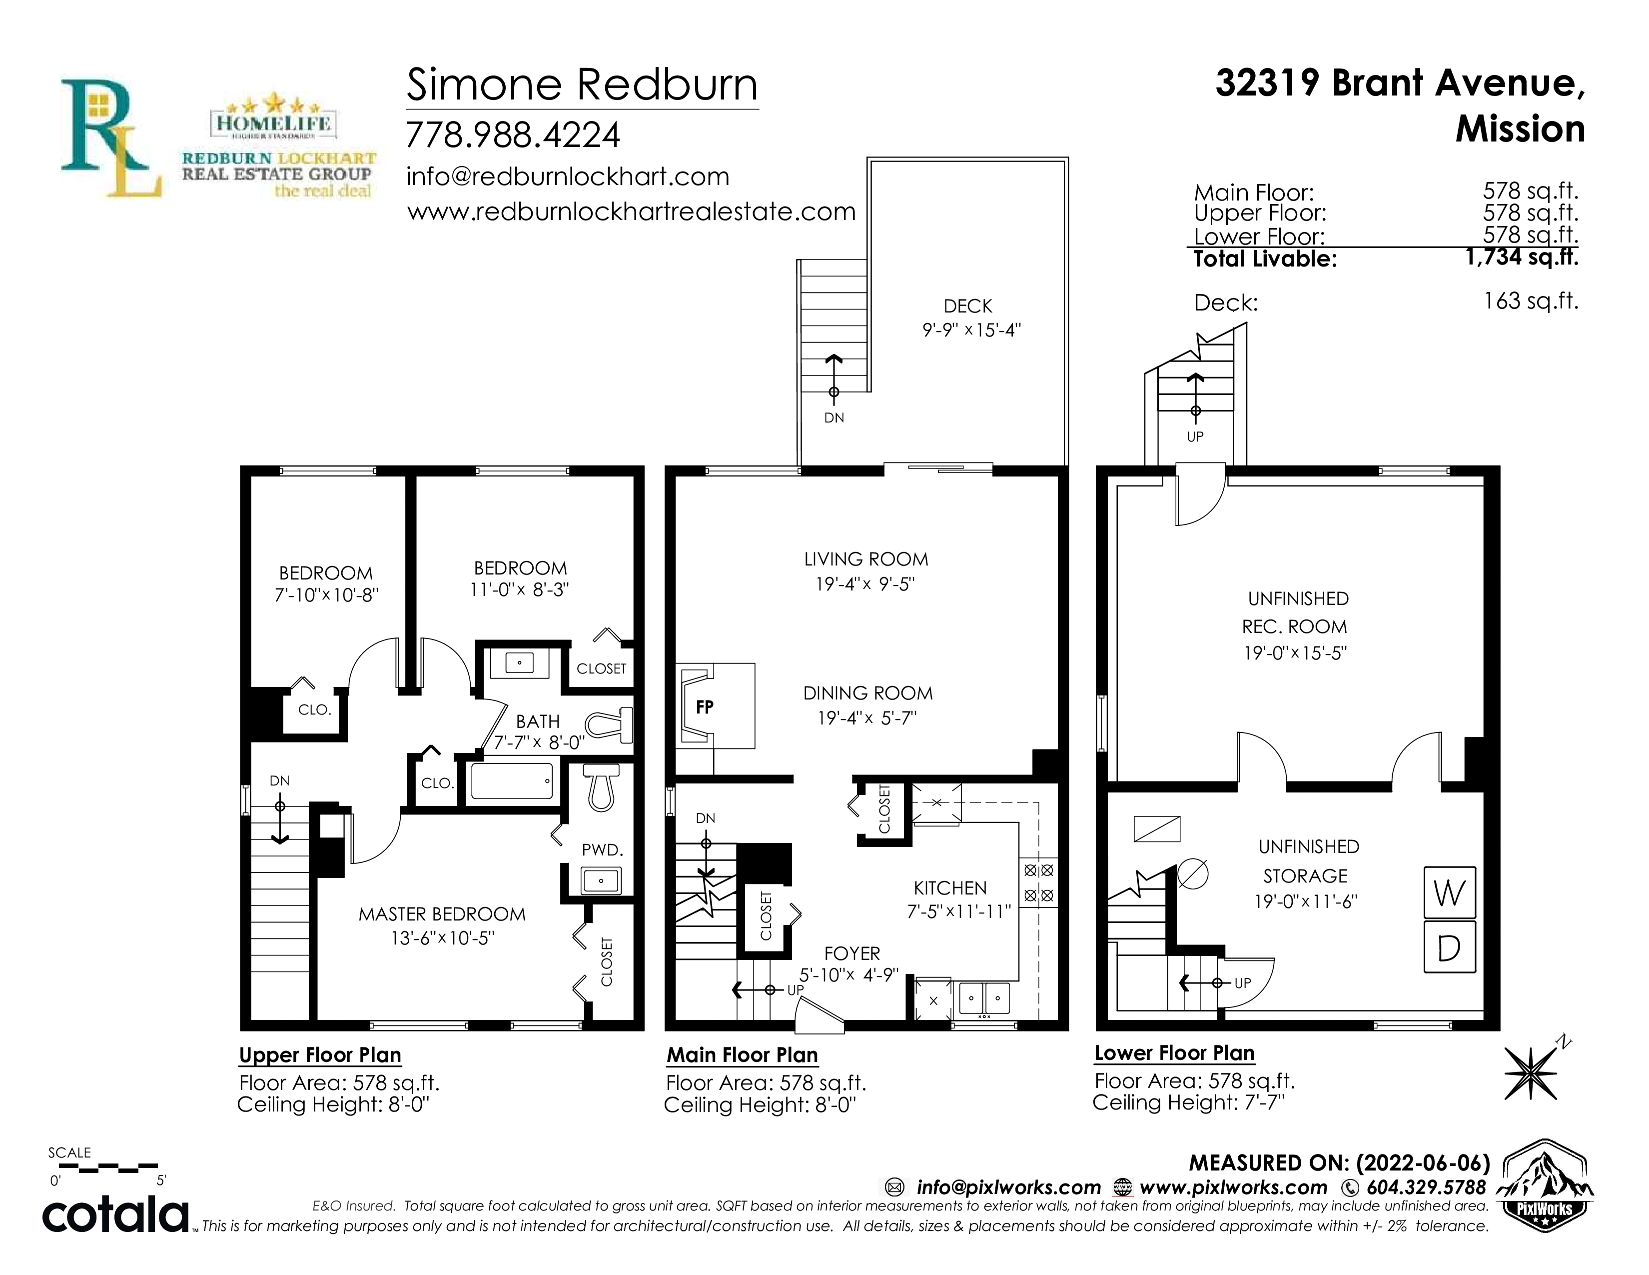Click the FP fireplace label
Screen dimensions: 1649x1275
pyautogui.click(x=705, y=707)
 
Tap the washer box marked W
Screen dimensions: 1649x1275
pyautogui.click(x=1449, y=893)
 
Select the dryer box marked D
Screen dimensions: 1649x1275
pyautogui.click(x=1449, y=946)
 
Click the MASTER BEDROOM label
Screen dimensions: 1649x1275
pyautogui.click(x=442, y=914)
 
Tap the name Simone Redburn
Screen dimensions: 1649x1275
pyautogui.click(x=582, y=84)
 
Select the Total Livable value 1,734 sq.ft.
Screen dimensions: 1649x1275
pyautogui.click(x=1522, y=257)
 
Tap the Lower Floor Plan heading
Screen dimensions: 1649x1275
pyautogui.click(x=1174, y=1053)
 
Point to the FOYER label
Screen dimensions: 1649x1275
pyautogui.click(x=851, y=953)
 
